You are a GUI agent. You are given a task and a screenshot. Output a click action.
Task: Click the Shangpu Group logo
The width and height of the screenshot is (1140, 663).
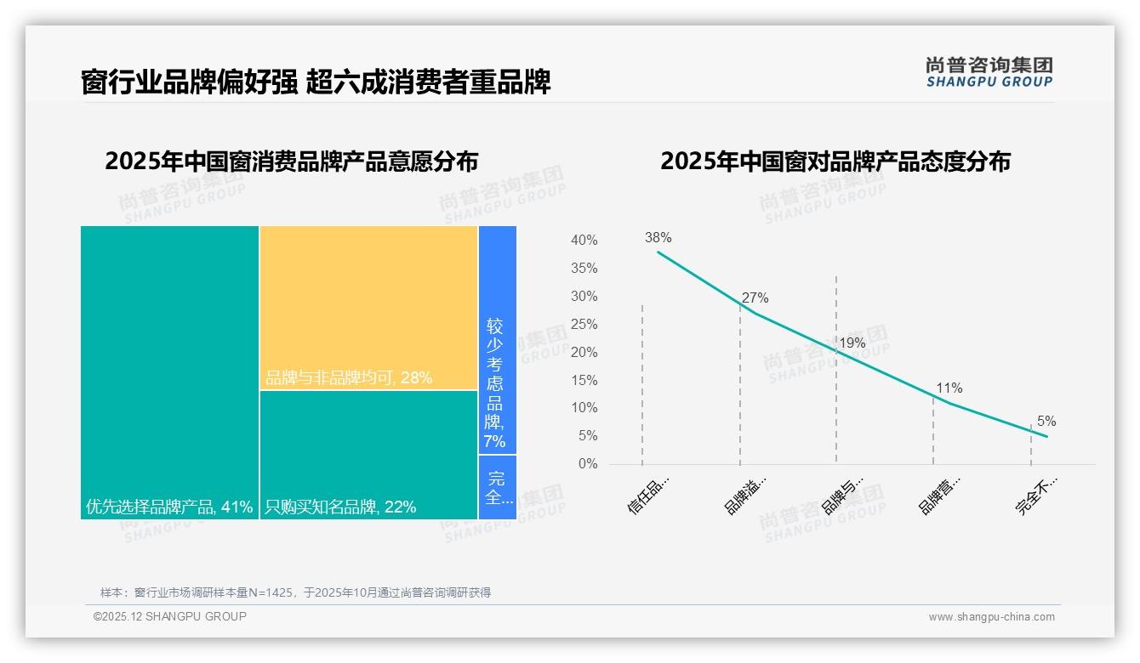tap(989, 71)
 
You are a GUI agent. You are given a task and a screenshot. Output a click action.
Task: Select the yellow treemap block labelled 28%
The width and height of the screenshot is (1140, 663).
tap(368, 308)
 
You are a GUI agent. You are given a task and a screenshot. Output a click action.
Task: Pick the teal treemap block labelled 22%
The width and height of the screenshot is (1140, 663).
tap(368, 455)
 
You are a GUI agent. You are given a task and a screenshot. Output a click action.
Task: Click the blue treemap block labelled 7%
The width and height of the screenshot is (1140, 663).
tap(497, 340)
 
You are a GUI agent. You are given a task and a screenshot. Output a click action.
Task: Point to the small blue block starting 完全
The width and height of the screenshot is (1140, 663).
tap(498, 487)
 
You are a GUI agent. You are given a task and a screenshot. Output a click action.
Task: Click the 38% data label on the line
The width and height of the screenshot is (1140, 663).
tap(658, 238)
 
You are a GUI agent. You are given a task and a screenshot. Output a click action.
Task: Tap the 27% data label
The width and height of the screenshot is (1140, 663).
tap(755, 298)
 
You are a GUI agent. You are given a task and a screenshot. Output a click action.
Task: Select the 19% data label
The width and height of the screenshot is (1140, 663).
tap(852, 343)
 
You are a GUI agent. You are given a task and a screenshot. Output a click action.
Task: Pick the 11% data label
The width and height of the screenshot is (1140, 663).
tap(949, 388)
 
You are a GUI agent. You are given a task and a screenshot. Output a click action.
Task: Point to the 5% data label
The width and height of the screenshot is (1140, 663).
tap(1046, 422)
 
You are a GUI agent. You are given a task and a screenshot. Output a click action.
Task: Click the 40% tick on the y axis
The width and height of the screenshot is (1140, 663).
tap(584, 241)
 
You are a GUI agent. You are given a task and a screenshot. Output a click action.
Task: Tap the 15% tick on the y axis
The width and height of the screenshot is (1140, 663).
tap(584, 381)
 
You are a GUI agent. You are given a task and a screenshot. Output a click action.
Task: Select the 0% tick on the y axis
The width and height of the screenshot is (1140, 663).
tap(587, 464)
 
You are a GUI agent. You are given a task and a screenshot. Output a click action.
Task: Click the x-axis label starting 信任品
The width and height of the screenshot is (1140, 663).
tap(649, 496)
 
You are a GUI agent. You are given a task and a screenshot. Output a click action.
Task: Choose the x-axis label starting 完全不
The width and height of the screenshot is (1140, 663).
tap(1036, 496)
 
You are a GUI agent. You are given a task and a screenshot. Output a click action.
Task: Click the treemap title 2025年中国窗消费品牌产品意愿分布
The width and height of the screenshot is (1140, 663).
tap(292, 161)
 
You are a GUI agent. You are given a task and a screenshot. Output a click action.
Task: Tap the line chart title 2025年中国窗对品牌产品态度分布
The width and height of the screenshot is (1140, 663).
tap(835, 161)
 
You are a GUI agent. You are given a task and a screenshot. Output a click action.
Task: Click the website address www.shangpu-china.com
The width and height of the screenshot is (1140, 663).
tap(991, 617)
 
